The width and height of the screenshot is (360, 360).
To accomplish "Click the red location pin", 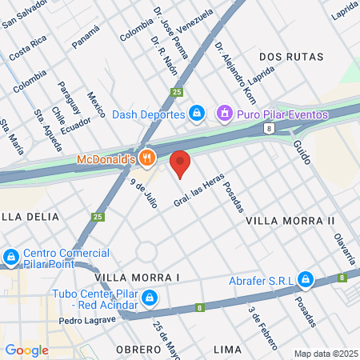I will pos(181,163).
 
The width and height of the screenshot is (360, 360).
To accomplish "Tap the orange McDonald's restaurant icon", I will pos(146,158).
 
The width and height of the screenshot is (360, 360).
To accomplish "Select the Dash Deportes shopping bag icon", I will pos(196,114).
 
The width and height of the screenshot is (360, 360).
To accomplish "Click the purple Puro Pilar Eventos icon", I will pos(226,114).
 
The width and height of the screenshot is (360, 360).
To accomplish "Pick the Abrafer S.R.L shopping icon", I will pos(305,279).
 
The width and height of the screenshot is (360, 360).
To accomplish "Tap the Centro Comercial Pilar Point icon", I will pos(10,258).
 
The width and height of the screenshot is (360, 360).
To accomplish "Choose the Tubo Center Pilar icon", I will pos(148,298).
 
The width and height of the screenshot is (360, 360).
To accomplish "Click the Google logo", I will pos(26,350).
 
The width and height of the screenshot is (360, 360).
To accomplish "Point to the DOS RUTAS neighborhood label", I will pos(291,57).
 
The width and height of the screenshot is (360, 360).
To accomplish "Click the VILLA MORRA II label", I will pos(290,220).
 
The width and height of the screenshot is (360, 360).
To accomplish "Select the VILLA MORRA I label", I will pos(138,277).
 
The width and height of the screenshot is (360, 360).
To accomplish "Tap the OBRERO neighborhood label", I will pos(138,350).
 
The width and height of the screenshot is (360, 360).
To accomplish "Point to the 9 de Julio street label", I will pos(144,193).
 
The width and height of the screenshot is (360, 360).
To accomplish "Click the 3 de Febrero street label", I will pos(263,328).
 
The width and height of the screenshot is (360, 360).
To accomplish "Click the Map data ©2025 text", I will pos(324,354).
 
